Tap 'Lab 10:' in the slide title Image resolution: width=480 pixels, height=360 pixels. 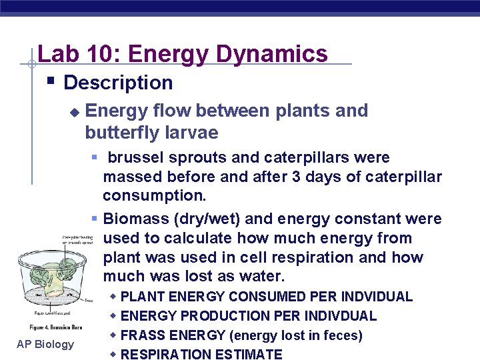[75, 53]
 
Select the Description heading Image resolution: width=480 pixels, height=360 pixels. [118, 83]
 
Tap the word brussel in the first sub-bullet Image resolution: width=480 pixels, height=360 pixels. [135, 158]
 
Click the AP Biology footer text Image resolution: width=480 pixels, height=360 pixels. [46, 344]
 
